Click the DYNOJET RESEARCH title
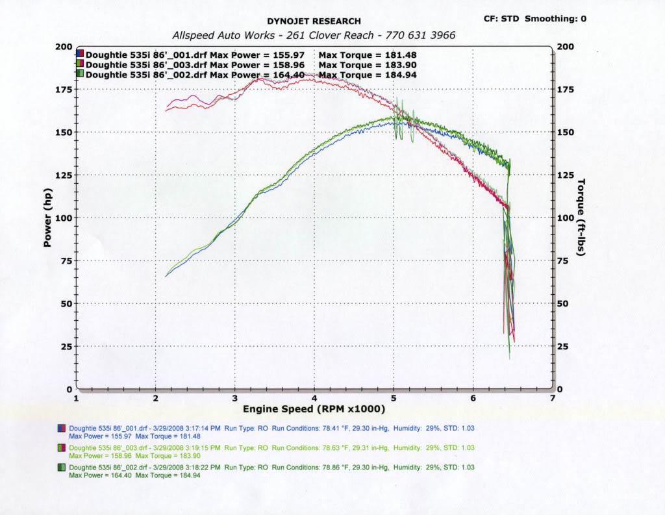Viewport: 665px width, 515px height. point(314,21)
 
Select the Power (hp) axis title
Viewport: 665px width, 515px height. point(47,218)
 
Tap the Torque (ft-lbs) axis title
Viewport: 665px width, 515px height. point(581,217)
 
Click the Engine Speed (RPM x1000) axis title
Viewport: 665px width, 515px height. point(314,409)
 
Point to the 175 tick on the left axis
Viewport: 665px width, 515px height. point(64,90)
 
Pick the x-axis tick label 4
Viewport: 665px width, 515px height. point(314,397)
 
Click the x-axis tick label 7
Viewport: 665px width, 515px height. point(552,397)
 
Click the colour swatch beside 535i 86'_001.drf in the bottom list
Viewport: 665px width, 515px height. point(62,428)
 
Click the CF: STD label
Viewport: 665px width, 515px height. point(501,19)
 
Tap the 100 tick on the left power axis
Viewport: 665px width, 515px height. point(64,218)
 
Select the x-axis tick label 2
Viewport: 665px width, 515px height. point(156,397)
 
